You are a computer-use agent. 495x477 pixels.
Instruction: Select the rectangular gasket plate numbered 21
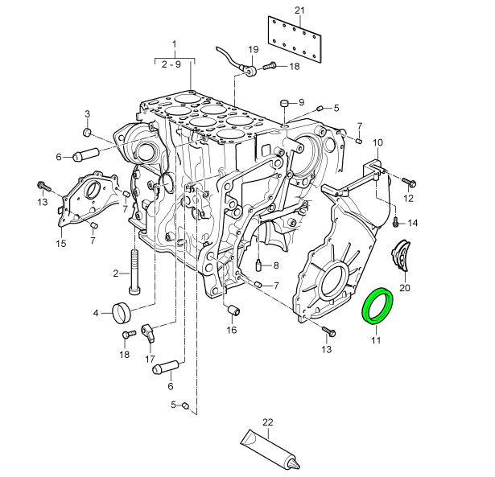(295, 37)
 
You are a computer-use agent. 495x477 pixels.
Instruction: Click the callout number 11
(375, 340)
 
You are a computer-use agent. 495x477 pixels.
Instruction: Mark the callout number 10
(377, 142)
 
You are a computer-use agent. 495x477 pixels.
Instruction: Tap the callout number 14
(413, 222)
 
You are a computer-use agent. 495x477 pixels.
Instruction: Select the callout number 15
(60, 243)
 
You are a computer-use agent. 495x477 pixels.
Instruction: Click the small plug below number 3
(88, 132)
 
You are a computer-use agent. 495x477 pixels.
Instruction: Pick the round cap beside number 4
(123, 310)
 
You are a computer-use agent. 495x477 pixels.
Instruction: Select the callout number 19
(253, 49)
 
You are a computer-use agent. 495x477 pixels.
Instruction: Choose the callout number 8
(276, 265)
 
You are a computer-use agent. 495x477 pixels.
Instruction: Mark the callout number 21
(299, 10)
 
